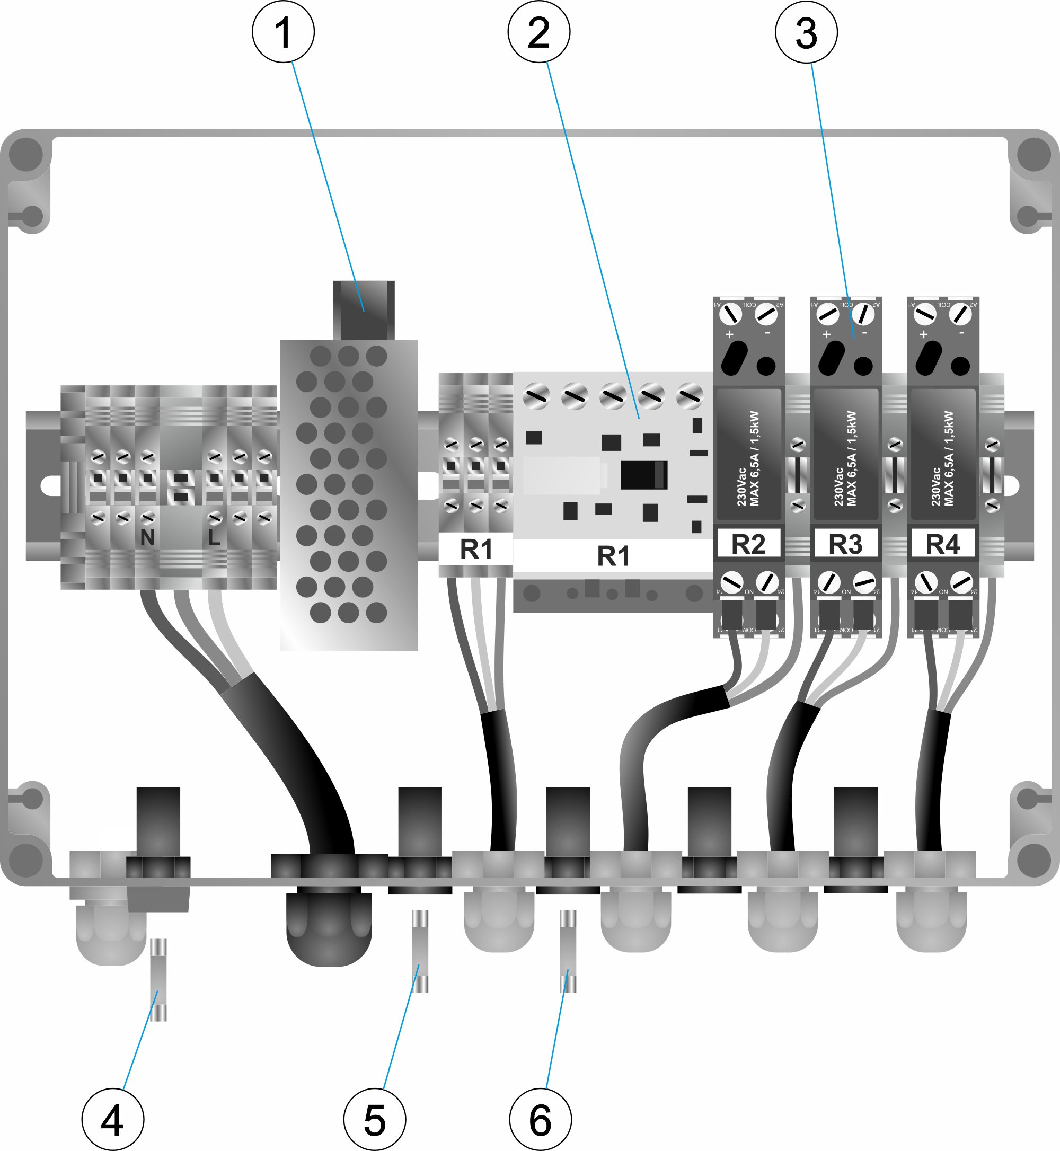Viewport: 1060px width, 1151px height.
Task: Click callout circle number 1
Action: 284,32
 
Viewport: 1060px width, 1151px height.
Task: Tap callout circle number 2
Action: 538,32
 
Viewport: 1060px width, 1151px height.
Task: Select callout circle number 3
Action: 806,32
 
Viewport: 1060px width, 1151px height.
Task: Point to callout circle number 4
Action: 112,1119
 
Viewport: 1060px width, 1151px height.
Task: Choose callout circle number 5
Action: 375,1119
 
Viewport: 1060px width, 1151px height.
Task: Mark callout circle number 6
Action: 540,1119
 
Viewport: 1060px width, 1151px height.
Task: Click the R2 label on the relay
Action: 748,544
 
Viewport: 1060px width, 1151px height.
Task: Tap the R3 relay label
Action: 845,544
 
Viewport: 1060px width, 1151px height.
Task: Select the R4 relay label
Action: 942,544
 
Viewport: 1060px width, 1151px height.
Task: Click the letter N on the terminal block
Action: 147,537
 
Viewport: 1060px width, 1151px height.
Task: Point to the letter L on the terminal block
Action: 214,537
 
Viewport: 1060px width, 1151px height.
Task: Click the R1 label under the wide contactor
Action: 613,555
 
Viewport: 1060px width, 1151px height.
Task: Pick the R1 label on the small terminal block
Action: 475,550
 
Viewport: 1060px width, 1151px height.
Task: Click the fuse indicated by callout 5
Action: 421,951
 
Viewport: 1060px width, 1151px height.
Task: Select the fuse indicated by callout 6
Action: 568,951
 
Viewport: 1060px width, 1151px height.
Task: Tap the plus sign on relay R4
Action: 923,334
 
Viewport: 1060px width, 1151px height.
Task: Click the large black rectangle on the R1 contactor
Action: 643,475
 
